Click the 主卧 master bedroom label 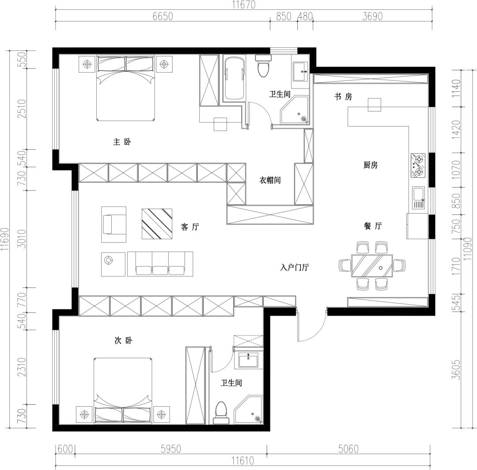122,142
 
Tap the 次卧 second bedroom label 123,340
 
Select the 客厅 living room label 190,227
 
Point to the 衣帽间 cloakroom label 270,180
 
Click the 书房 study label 343,96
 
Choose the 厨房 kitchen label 371,165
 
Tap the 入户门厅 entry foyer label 295,267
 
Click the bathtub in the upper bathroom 234,78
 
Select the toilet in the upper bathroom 263,66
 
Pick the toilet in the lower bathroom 221,413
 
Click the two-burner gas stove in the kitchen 418,165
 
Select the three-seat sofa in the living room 160,264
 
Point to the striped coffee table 157,224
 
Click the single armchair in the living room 114,225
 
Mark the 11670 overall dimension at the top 244,4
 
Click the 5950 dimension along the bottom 170,449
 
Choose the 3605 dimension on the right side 456,370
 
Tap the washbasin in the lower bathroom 248,360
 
